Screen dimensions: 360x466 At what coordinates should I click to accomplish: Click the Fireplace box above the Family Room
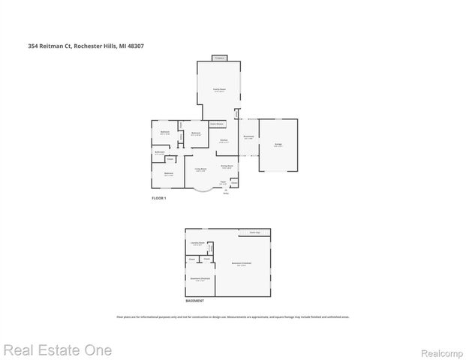pos(220,58)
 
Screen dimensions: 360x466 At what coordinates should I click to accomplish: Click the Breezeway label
pos(248,136)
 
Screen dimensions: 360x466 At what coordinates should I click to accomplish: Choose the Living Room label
pos(201,170)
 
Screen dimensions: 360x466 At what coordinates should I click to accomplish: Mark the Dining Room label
pos(226,166)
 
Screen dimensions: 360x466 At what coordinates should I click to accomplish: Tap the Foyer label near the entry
pos(223,181)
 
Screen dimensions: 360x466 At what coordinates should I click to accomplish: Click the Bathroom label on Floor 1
pos(159,153)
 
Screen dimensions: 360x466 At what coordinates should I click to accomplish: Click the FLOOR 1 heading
pos(159,198)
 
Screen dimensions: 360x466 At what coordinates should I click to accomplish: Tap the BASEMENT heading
pos(194,301)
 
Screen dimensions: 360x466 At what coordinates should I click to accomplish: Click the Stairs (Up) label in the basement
pos(254,232)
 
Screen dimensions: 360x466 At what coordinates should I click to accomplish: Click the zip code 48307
pos(136,46)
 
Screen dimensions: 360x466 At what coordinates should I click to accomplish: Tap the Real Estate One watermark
pos(57,350)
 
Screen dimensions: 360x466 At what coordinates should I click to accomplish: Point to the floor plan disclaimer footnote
pos(233,316)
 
